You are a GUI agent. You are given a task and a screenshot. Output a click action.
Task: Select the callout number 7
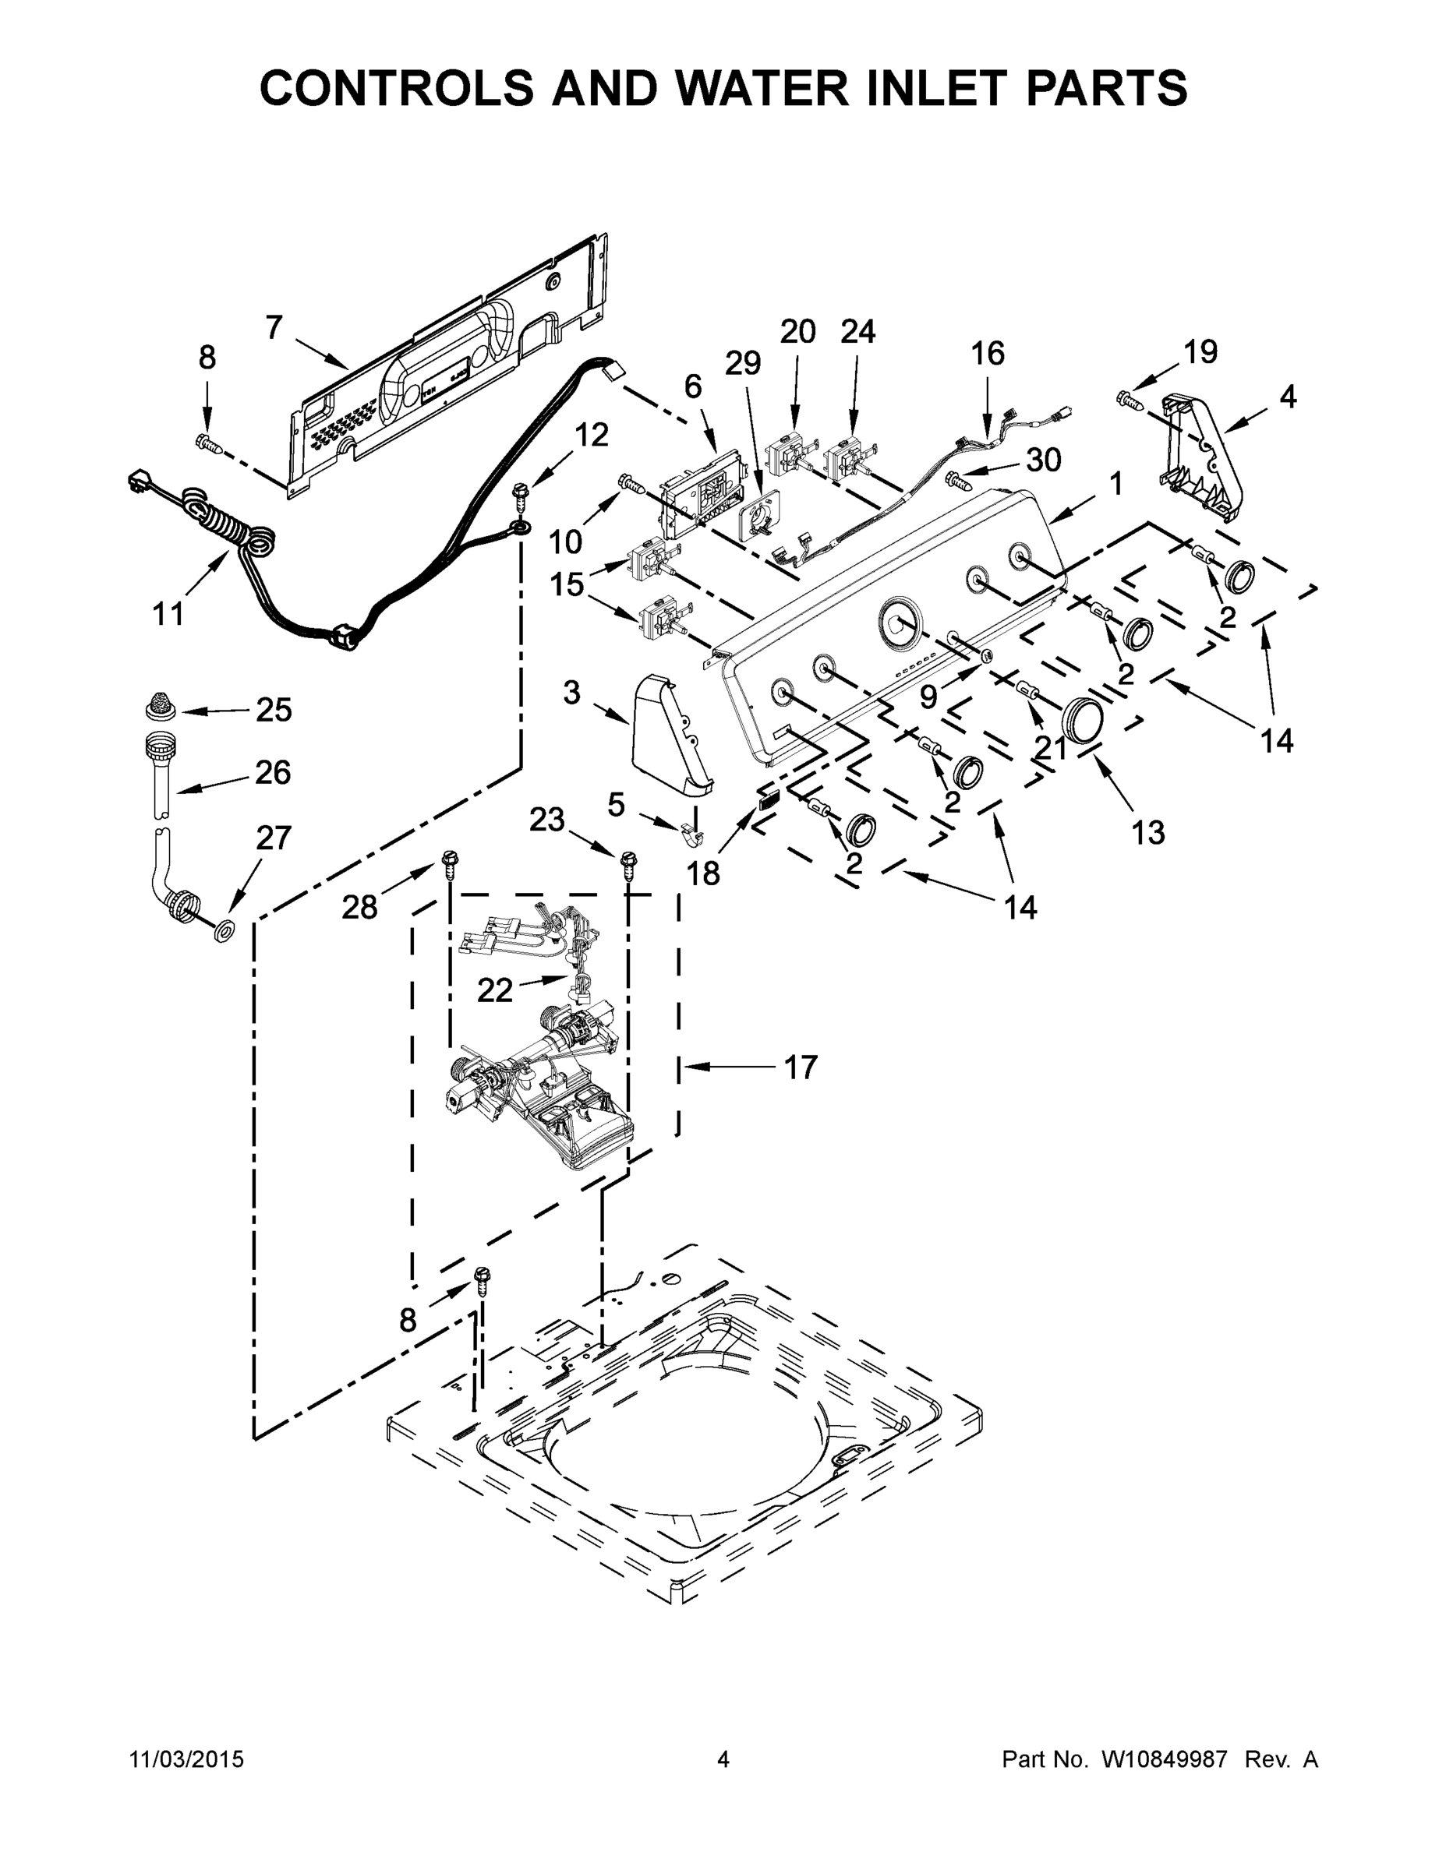pyautogui.click(x=274, y=328)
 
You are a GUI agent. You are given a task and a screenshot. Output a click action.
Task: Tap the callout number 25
pyautogui.click(x=274, y=710)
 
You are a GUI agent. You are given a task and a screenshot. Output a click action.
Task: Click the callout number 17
pyautogui.click(x=801, y=1067)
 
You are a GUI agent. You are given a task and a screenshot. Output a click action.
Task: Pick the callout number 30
pyautogui.click(x=1044, y=460)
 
